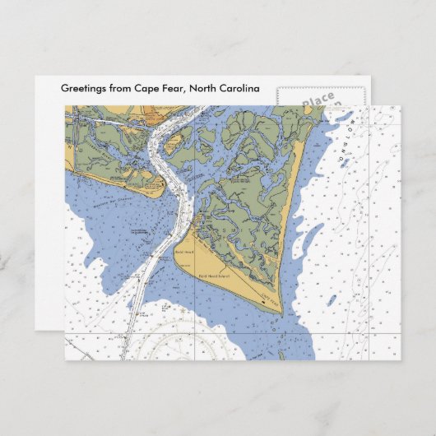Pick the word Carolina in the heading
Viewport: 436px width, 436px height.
click(x=239, y=89)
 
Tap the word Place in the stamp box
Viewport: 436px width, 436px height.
click(x=318, y=100)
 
